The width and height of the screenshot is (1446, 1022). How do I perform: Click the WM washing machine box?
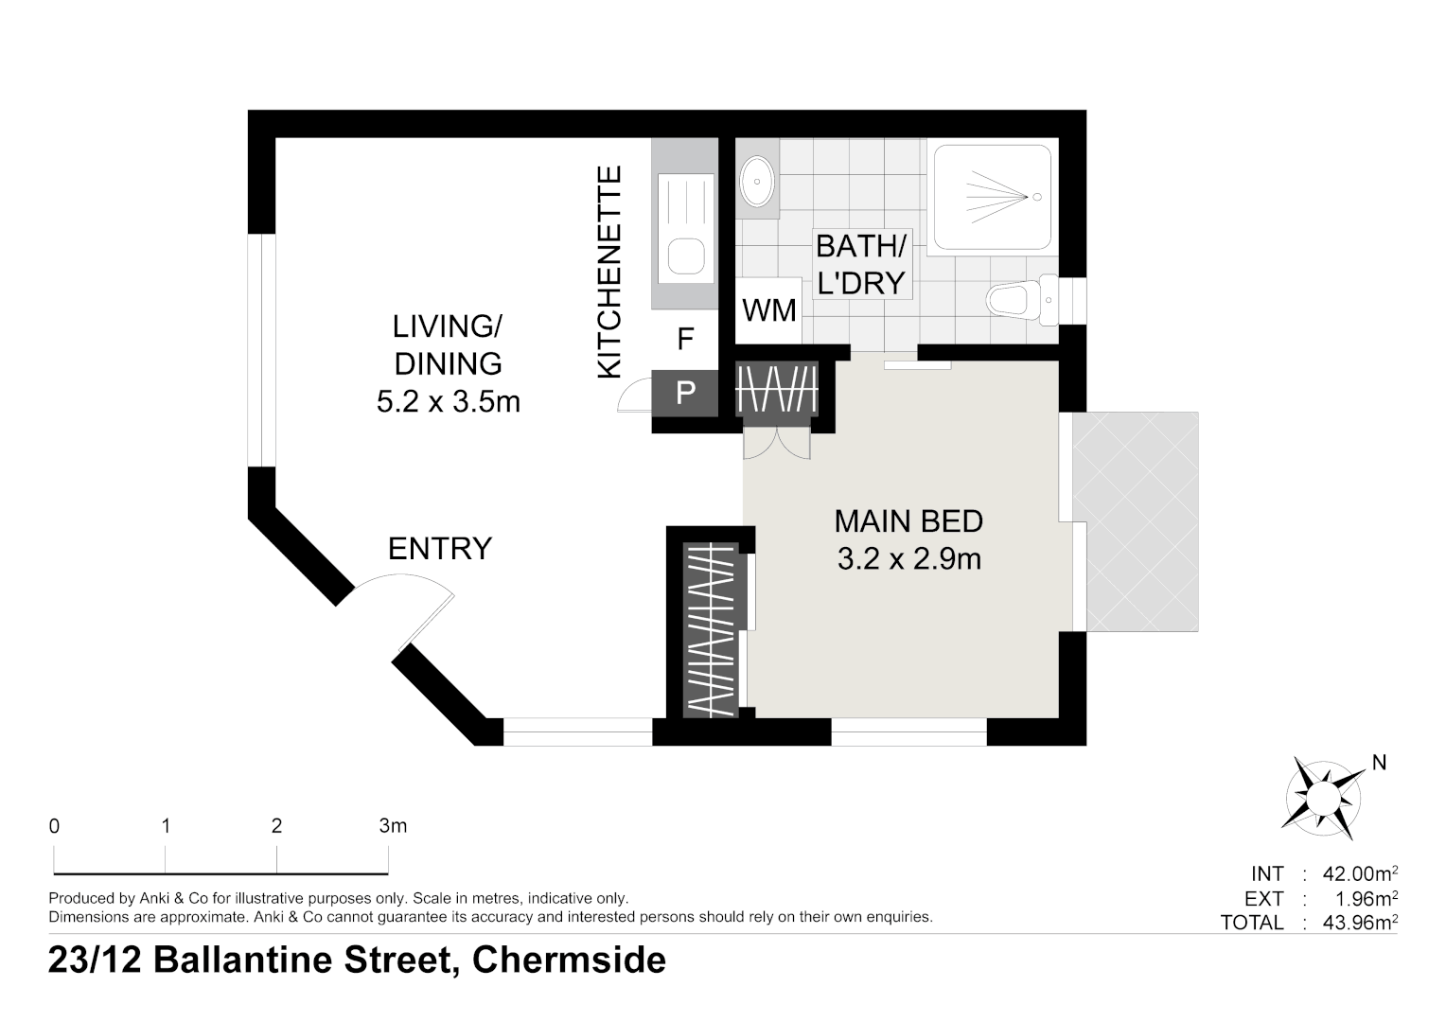[768, 310]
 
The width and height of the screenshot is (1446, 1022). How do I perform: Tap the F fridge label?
[685, 338]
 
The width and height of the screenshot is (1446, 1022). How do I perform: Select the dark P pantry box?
[685, 393]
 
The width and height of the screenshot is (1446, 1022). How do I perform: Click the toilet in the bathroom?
[1021, 300]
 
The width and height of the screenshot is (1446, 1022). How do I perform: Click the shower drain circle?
[1037, 197]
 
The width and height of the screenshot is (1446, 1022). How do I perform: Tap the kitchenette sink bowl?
[685, 256]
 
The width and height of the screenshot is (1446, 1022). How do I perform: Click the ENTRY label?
[440, 549]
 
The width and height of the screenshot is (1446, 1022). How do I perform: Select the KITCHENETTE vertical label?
[608, 272]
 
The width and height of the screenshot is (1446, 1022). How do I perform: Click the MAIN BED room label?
[908, 521]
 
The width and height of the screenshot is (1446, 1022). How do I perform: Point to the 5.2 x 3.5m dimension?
[448, 401]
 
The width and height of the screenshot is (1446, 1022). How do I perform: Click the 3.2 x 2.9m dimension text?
[908, 559]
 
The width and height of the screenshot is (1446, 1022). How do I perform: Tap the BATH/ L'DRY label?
[861, 265]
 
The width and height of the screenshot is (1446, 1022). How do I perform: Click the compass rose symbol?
[1322, 799]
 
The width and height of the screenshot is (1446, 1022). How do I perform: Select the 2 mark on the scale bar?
[277, 826]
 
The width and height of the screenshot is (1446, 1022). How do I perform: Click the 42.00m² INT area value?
[1360, 873]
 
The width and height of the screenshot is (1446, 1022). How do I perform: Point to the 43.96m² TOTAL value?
[1360, 923]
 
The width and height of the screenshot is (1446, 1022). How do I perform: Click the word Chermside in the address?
[569, 960]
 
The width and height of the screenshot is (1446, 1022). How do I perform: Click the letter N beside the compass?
[1379, 763]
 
